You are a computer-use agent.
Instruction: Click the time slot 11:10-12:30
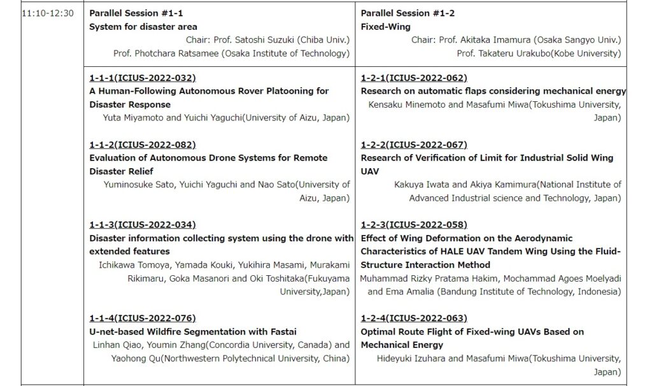point(48,13)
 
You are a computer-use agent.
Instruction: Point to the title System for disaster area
point(143,27)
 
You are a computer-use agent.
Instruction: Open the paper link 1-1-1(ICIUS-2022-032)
point(142,78)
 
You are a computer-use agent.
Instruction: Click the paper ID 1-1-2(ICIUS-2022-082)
point(142,145)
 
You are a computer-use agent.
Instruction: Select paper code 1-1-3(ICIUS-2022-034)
point(142,225)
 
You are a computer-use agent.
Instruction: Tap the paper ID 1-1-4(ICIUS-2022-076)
point(142,318)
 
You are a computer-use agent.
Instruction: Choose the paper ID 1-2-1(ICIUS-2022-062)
point(414,78)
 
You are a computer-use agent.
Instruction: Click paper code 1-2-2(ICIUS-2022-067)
point(414,145)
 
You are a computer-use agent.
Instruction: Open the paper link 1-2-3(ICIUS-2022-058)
point(414,225)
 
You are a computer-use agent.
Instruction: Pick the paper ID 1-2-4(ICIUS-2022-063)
point(414,318)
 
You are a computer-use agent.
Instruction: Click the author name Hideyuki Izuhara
point(407,359)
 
